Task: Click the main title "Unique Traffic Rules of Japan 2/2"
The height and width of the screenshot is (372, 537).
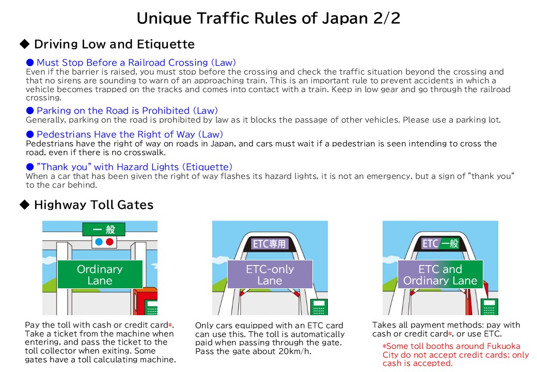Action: coord(268,18)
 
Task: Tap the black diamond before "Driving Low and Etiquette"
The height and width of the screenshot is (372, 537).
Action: coord(25,44)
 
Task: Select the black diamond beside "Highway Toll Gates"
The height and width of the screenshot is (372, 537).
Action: coord(25,205)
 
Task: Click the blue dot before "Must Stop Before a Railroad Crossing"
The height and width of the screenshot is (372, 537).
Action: coord(30,63)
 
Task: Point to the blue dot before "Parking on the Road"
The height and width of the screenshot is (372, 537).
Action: coord(30,110)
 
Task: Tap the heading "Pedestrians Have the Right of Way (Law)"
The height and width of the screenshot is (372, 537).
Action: coord(130,134)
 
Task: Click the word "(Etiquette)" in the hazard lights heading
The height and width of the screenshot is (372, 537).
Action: coord(207,167)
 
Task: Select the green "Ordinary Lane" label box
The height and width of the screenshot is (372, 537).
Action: coord(100,274)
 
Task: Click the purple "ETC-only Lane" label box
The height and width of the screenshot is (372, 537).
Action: coord(270,274)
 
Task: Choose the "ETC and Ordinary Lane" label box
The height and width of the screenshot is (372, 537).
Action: coord(440,274)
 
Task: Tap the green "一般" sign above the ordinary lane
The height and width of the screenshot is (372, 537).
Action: coord(104,229)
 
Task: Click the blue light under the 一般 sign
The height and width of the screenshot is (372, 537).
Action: coord(99,242)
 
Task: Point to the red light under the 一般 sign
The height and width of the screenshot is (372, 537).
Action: coord(109,242)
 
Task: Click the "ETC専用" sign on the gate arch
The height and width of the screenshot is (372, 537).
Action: coord(269,243)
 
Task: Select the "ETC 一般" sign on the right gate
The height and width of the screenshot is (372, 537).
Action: coord(440,243)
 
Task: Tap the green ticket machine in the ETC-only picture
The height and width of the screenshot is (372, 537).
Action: coord(319,307)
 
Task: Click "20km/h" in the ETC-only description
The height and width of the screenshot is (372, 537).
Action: coord(293,351)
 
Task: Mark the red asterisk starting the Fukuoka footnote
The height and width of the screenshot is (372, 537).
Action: coord(384,346)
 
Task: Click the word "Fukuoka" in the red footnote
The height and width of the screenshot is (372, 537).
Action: coord(503,346)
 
